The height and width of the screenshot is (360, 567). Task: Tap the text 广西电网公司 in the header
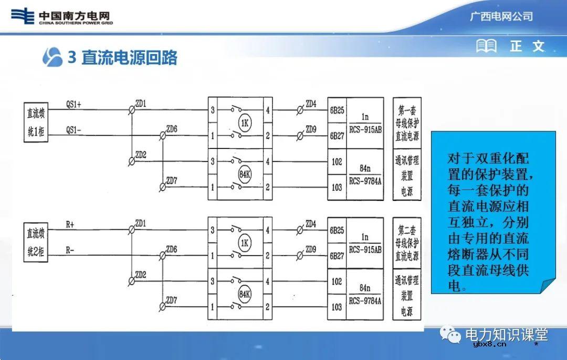(x=501, y=16)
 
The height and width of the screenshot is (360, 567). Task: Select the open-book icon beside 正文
(x=486, y=46)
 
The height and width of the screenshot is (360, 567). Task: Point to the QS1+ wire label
(x=73, y=104)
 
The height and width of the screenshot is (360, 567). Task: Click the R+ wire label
(x=70, y=224)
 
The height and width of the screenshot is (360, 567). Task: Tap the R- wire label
(x=70, y=250)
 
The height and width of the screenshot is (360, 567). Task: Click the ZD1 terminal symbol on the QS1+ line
(x=132, y=110)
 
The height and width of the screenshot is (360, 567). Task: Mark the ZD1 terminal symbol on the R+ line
(x=132, y=230)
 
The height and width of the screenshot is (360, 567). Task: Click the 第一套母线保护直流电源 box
(x=407, y=123)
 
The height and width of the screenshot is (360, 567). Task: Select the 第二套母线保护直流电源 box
(x=407, y=243)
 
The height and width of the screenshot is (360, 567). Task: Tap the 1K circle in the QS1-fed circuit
(x=244, y=123)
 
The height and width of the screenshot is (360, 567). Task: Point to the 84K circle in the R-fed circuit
(x=244, y=293)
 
